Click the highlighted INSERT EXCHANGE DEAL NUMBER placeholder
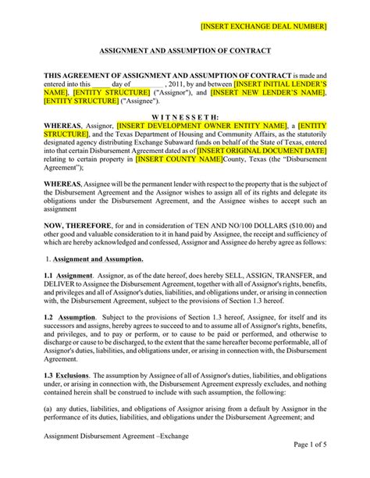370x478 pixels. coord(263,27)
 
